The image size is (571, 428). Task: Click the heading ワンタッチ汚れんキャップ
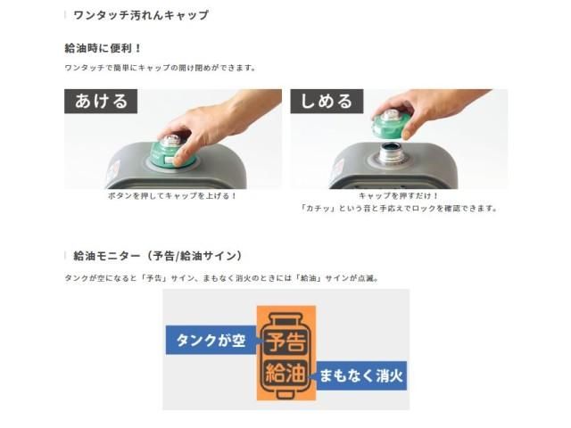click(141, 15)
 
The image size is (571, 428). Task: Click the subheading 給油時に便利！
click(103, 48)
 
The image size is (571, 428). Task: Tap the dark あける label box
click(101, 101)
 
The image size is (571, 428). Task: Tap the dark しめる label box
click(327, 101)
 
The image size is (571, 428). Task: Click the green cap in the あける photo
click(173, 154)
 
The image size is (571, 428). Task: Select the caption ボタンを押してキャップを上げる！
click(172, 196)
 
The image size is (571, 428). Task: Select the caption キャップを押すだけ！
click(399, 196)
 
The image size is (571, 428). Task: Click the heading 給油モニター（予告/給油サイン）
click(158, 256)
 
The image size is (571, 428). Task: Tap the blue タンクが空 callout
click(212, 341)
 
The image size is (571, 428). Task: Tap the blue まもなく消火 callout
click(360, 375)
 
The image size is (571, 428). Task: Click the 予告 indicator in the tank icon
click(285, 341)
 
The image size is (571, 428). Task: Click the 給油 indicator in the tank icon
click(285, 373)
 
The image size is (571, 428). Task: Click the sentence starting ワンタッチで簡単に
click(161, 68)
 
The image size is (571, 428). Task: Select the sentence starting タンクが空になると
click(222, 278)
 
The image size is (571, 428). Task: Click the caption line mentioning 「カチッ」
click(399, 209)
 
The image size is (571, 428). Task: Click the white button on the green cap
click(170, 160)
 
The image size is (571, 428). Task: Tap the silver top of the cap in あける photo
click(170, 141)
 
